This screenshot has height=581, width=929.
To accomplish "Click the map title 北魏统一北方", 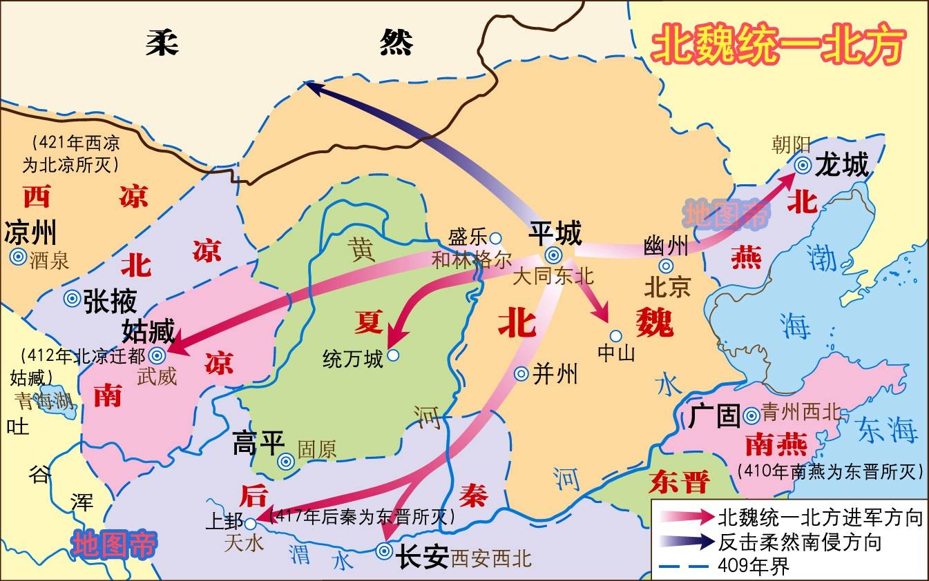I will pos(778,46).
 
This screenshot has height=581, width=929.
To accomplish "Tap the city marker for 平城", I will pos(553,254).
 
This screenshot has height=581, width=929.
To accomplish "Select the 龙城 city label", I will pos(841,165).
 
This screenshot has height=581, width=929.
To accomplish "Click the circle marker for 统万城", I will pos(393,355).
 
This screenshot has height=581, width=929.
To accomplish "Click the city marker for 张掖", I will pos(72,299).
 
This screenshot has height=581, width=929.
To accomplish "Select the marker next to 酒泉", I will pos(17,257).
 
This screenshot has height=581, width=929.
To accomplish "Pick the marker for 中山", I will pos(615,336).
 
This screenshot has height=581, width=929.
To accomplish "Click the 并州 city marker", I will pos(521,373).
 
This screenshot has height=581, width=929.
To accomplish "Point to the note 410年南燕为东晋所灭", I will pos(830,471).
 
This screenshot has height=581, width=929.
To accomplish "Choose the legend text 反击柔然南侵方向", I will pos(800,542).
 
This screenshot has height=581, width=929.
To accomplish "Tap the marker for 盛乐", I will pos(495,238).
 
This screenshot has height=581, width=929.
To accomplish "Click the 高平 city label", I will pos(254,443).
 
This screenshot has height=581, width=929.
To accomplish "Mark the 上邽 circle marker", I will pos(251,524).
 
